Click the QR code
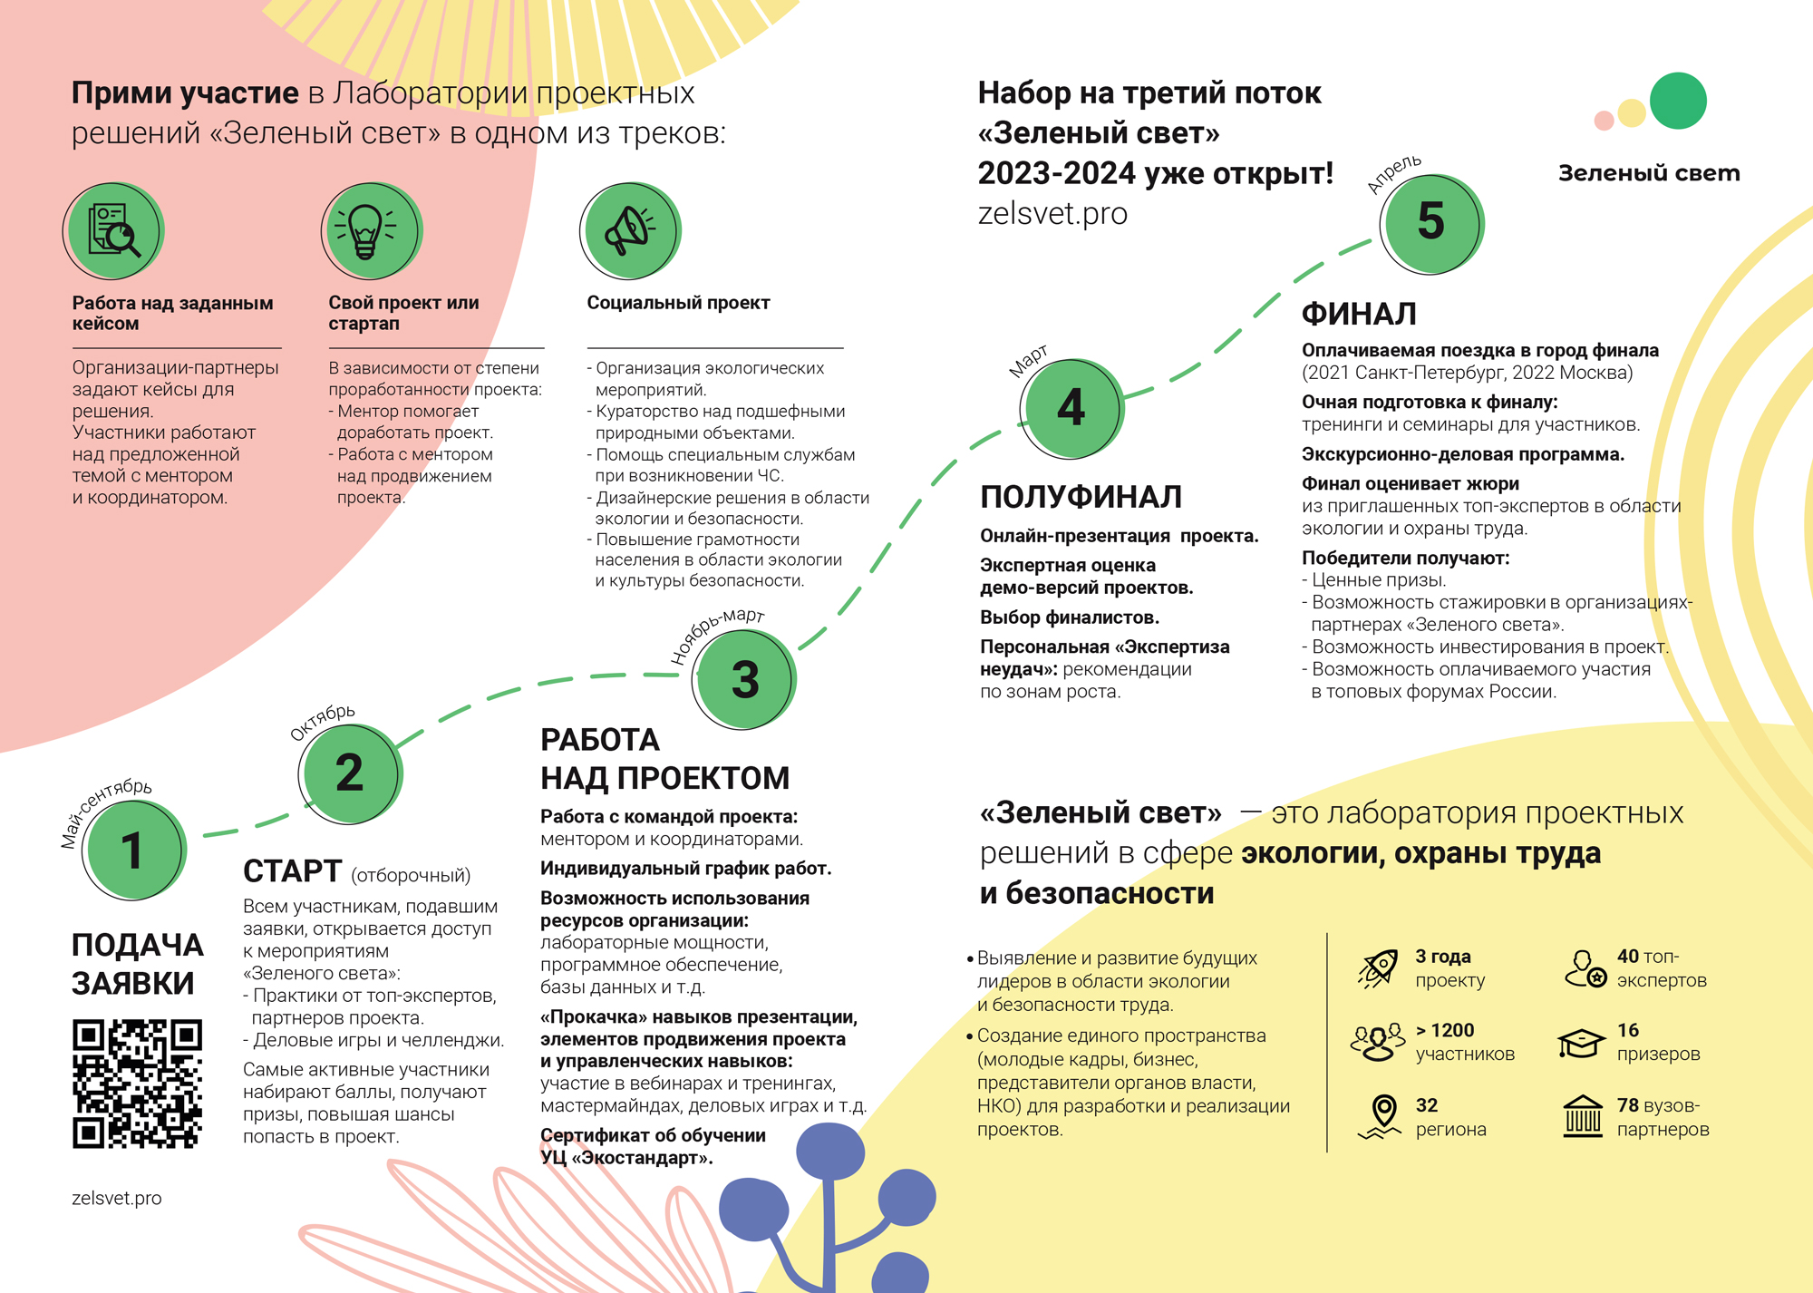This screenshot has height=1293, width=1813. [x=137, y=1084]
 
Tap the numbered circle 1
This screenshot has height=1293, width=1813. [x=134, y=850]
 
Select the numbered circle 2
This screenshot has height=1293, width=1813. [x=350, y=773]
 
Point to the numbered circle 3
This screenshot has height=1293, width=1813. [x=744, y=679]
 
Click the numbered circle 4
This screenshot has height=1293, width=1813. [x=1071, y=407]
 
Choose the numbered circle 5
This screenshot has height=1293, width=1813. [x=1430, y=222]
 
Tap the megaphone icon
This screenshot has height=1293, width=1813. [x=629, y=231]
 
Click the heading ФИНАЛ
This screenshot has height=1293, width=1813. [x=1359, y=314]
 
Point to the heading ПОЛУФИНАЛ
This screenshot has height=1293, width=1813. [x=1081, y=497]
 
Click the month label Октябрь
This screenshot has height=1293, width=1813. [x=323, y=722]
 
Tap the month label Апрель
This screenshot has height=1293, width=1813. [x=1394, y=173]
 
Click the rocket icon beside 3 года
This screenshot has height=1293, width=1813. [x=1379, y=967]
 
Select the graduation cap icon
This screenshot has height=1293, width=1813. [x=1581, y=1043]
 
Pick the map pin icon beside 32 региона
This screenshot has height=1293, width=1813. [x=1382, y=1115]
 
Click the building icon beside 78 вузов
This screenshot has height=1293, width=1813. [x=1583, y=1116]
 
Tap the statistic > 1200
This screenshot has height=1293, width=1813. [x=1445, y=1030]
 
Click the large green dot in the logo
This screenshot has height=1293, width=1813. [x=1678, y=101]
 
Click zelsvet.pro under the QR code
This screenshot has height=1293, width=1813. [x=117, y=1198]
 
